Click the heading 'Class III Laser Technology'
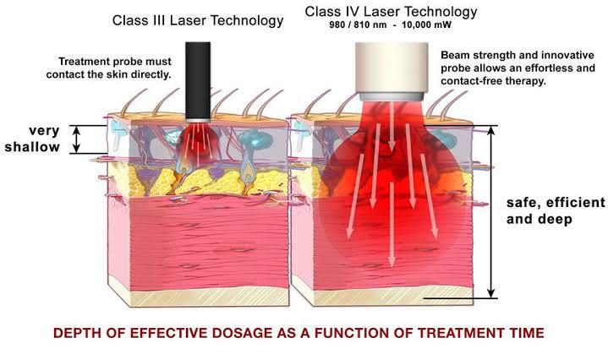[198, 19]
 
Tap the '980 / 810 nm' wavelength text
[355, 27]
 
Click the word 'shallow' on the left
[31, 146]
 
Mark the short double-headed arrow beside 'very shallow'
[75, 139]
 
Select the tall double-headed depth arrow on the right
[493, 212]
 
